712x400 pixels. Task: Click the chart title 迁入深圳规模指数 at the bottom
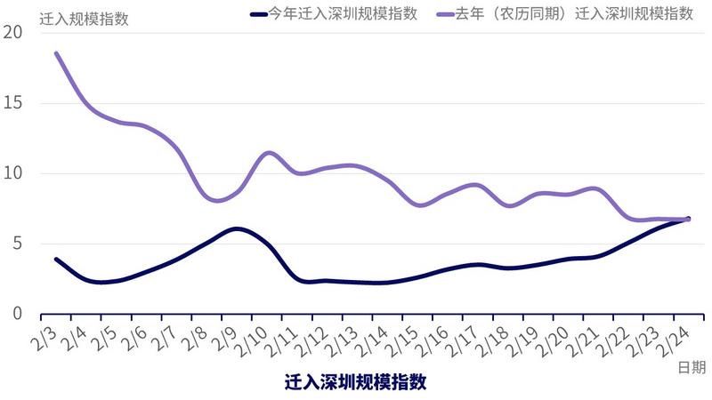pyautogui.click(x=355, y=383)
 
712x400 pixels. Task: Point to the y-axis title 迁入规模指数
pyautogui.click(x=85, y=18)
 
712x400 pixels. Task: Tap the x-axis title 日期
pyautogui.click(x=692, y=366)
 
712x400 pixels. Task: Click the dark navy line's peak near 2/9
pyautogui.click(x=235, y=228)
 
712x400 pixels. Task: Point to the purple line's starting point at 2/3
pyautogui.click(x=56, y=53)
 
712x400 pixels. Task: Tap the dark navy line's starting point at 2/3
pyautogui.click(x=56, y=259)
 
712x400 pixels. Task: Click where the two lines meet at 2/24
pyautogui.click(x=687, y=219)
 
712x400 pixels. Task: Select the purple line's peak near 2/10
pyautogui.click(x=268, y=153)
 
